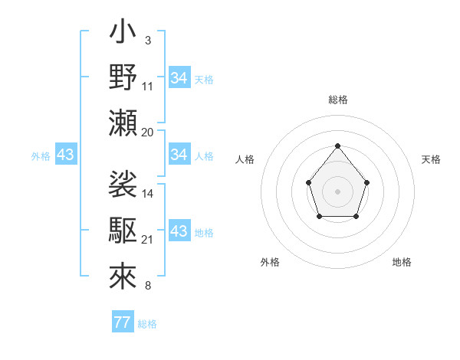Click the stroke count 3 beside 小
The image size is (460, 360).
[147, 40]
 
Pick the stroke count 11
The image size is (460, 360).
[148, 86]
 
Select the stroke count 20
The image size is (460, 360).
[148, 132]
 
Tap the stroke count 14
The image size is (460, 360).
[148, 193]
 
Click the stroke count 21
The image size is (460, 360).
[148, 240]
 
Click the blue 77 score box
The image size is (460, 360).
[122, 322]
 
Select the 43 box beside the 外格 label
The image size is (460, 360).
[65, 155]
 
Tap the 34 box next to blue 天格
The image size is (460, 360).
[179, 78]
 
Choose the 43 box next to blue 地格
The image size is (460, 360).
[179, 231]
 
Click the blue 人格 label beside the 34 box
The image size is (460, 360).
[204, 155]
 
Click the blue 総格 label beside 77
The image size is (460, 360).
[147, 323]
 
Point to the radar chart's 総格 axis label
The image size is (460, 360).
[337, 100]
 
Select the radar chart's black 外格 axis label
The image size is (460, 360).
[270, 262]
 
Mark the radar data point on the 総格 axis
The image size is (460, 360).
[337, 146]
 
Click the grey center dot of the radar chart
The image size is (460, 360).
[337, 191]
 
